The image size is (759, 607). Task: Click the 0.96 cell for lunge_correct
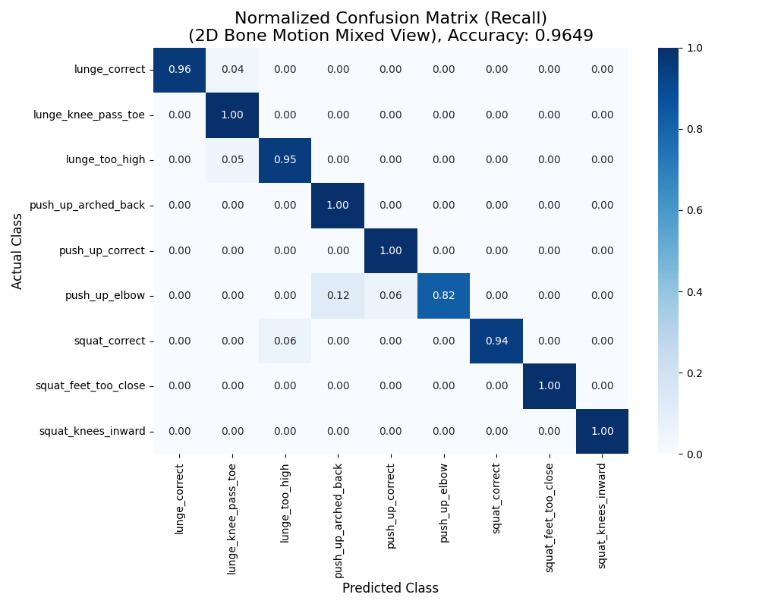click(180, 70)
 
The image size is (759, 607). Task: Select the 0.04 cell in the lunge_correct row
click(232, 70)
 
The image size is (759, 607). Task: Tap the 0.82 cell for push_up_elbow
click(443, 296)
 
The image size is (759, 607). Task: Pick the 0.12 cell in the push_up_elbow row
click(338, 296)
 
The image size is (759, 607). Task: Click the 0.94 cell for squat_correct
click(496, 341)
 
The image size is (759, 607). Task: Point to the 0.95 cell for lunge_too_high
click(285, 160)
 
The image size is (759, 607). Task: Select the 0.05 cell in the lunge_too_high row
click(232, 160)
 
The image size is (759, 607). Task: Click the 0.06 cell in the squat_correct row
click(285, 341)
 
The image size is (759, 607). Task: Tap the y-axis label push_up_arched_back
click(87, 206)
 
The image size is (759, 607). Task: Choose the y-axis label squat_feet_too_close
click(90, 386)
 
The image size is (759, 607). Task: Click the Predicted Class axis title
click(390, 588)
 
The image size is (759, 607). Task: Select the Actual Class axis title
click(17, 250)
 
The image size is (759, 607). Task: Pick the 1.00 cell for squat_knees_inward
click(602, 431)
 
